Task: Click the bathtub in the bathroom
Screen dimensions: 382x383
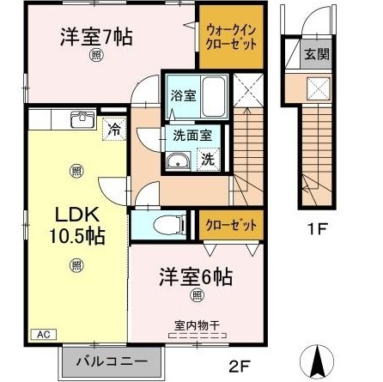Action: pyautogui.click(x=216, y=97)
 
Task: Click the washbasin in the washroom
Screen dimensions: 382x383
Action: pyautogui.click(x=179, y=160)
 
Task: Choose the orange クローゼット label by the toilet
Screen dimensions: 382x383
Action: pyautogui.click(x=231, y=226)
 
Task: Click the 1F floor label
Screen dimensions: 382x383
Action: pyautogui.click(x=318, y=230)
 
